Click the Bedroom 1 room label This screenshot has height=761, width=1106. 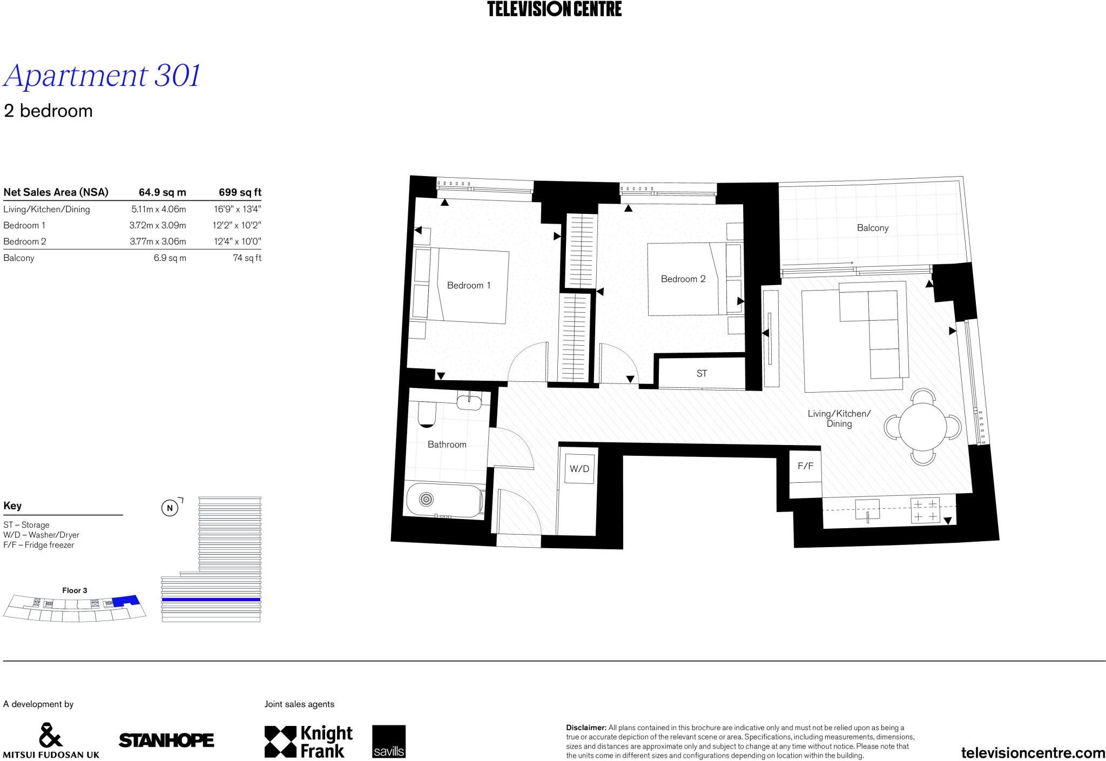click(x=468, y=285)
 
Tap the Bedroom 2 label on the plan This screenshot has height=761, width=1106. click(x=683, y=279)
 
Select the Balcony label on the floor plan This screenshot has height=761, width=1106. click(x=872, y=228)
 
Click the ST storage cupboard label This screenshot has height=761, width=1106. click(x=702, y=373)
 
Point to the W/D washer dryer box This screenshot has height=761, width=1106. click(x=579, y=469)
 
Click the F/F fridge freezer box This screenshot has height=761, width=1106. click(x=805, y=466)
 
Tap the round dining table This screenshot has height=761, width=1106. click(x=922, y=427)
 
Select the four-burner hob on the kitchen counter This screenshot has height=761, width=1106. click(x=925, y=510)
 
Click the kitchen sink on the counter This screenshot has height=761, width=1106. click(x=867, y=509)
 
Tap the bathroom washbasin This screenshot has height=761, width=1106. click(x=469, y=401)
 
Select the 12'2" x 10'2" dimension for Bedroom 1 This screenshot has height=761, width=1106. click(x=237, y=225)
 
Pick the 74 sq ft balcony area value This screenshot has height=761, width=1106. click(x=247, y=258)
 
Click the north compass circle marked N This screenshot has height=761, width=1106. click(x=170, y=508)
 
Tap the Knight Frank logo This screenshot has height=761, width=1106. click(x=308, y=741)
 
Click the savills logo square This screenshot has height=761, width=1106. click(x=388, y=741)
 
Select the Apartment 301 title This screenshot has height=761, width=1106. click(x=102, y=76)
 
